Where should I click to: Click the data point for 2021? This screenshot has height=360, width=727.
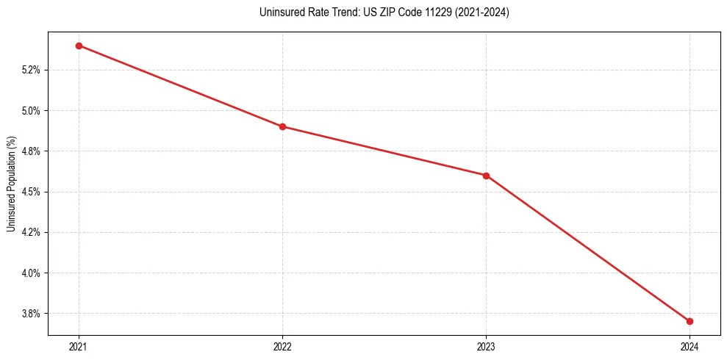pos(79,46)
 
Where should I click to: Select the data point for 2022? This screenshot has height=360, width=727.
pos(282,126)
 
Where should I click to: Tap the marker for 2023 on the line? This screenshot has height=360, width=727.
pos(486,176)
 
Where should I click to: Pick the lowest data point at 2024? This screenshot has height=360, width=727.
pos(690,321)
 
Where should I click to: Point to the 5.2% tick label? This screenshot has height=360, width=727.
pos(33,71)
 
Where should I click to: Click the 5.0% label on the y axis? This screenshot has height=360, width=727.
pos(33,111)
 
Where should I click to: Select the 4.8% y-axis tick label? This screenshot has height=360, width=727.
pos(33,151)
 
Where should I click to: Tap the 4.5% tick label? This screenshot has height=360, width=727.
pos(33,192)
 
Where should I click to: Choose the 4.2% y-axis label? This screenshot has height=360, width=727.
pos(33,232)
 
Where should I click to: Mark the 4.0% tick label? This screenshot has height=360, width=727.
pos(33,273)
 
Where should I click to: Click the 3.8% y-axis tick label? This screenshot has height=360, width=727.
pos(33,314)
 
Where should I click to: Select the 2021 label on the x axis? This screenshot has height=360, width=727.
pos(79,347)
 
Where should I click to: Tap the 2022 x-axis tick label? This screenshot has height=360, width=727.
pos(282,347)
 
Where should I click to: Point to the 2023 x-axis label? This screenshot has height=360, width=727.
pos(486,347)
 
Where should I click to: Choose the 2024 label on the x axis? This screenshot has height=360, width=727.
pos(690,347)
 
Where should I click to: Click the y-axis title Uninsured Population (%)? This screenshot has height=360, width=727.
pos(11,184)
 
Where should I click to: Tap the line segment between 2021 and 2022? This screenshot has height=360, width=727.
pos(180,86)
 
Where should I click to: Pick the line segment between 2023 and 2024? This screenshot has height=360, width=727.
pos(588,248)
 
